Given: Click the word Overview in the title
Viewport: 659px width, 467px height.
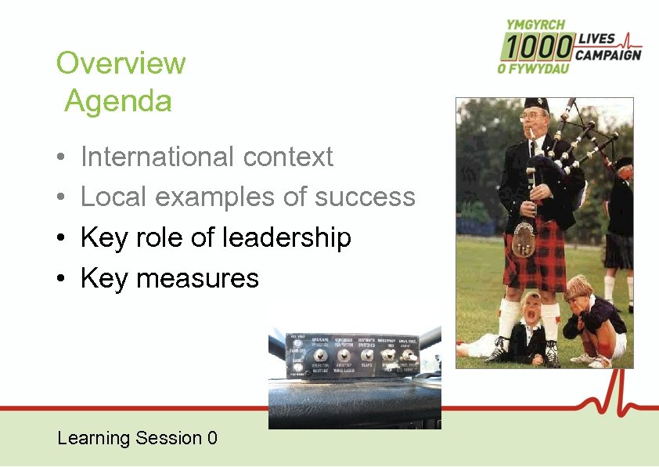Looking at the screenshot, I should [x=121, y=63].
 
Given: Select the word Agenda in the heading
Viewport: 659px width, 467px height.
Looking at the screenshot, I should [x=118, y=101].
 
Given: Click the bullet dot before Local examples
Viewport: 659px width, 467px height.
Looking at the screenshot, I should [x=60, y=197].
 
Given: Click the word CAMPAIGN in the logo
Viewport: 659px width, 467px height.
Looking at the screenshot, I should [x=607, y=55].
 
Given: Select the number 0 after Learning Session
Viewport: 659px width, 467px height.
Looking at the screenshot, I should [x=212, y=438].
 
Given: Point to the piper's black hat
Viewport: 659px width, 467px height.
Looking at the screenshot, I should [x=537, y=105].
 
